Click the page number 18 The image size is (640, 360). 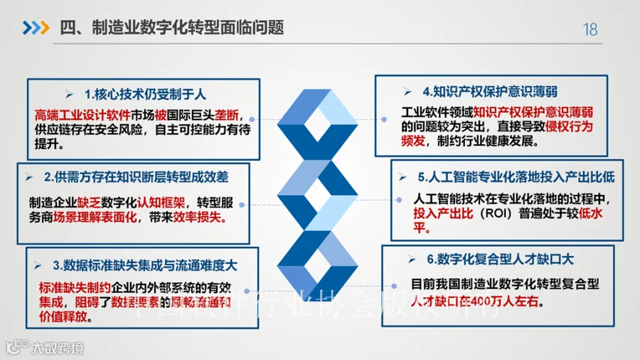click(590, 29)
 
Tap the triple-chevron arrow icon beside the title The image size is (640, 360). click(36, 28)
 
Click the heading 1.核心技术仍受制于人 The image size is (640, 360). click(144, 94)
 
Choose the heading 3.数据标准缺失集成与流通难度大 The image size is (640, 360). click(144, 265)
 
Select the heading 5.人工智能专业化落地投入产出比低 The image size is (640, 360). click(516, 176)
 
